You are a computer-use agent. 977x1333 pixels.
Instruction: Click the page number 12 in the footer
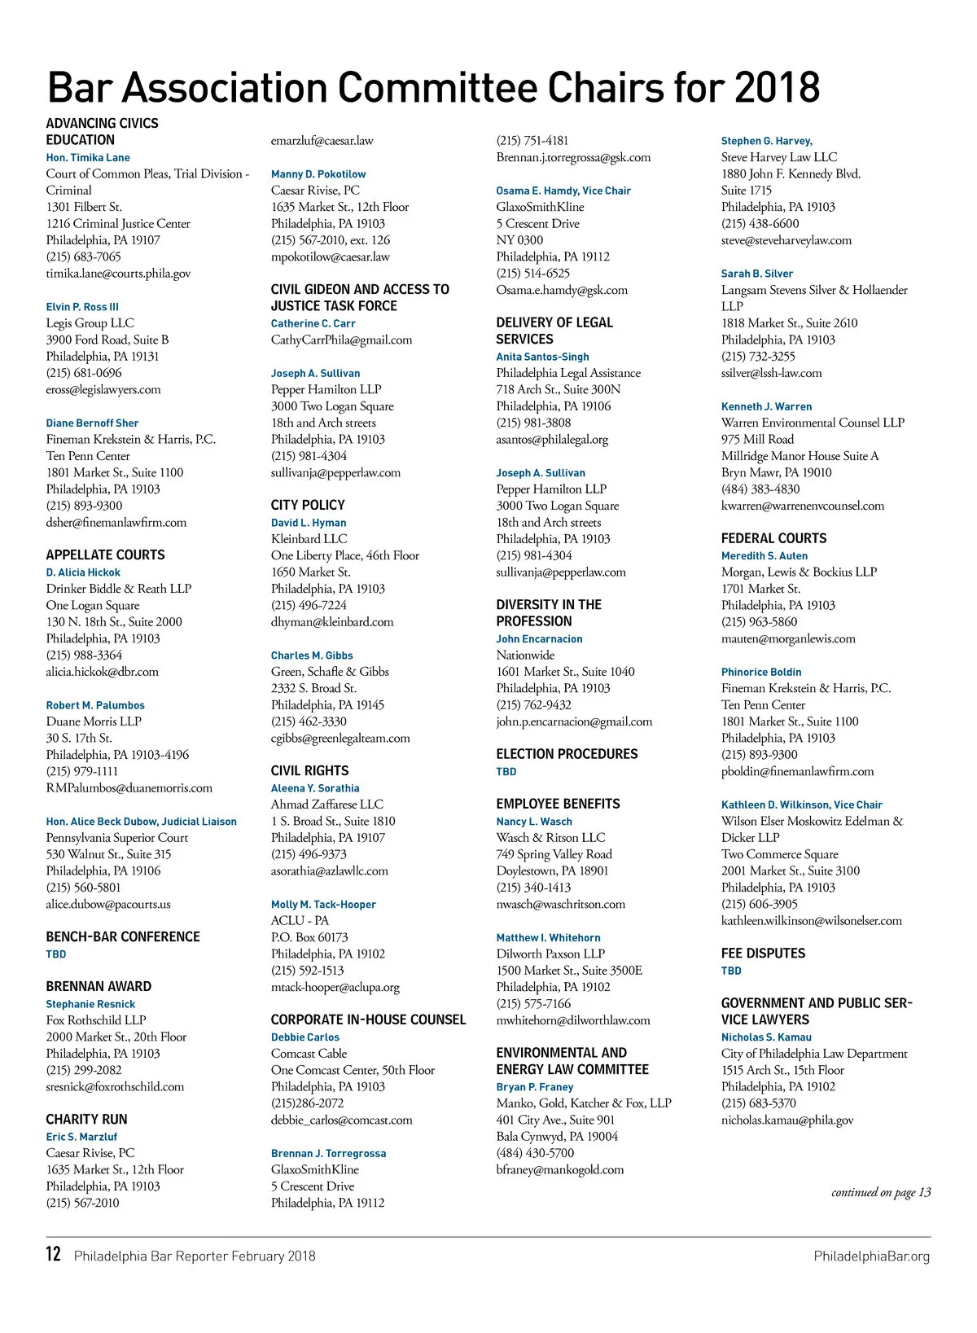click(54, 1254)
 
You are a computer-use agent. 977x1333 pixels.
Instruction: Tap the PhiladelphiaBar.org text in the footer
click(871, 1256)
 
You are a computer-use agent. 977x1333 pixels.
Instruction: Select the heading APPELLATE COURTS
click(105, 555)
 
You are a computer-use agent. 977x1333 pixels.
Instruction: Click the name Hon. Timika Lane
click(88, 158)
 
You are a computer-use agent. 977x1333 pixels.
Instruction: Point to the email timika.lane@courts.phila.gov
click(118, 274)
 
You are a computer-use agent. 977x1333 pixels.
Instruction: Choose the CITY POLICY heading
click(308, 506)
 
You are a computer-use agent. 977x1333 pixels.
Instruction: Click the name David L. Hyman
click(309, 523)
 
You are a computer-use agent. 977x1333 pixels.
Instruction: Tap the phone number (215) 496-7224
click(309, 605)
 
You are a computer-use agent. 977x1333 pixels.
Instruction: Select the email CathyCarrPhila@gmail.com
click(341, 340)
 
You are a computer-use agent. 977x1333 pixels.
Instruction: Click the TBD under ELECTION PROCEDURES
click(506, 772)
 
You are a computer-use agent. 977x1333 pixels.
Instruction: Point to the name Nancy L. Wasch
click(534, 822)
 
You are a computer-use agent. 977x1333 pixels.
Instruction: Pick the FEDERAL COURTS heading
click(773, 539)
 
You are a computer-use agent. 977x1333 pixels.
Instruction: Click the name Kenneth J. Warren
click(766, 406)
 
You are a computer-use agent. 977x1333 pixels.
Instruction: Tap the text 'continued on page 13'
click(881, 1193)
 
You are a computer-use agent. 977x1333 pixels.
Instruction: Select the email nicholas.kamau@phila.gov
click(787, 1120)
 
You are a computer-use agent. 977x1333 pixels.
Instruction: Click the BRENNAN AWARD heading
click(99, 987)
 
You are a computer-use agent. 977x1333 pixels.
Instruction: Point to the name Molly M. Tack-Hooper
click(323, 905)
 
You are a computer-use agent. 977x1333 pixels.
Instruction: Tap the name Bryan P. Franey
click(535, 1087)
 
